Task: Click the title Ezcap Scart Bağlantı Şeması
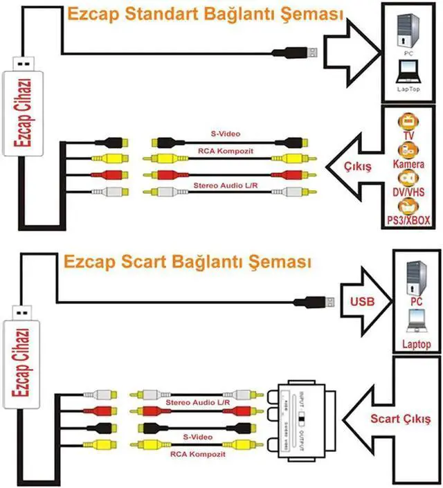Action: point(187,263)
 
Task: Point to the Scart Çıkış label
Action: point(400,419)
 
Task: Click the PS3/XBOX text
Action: point(410,220)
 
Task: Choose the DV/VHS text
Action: point(410,191)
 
